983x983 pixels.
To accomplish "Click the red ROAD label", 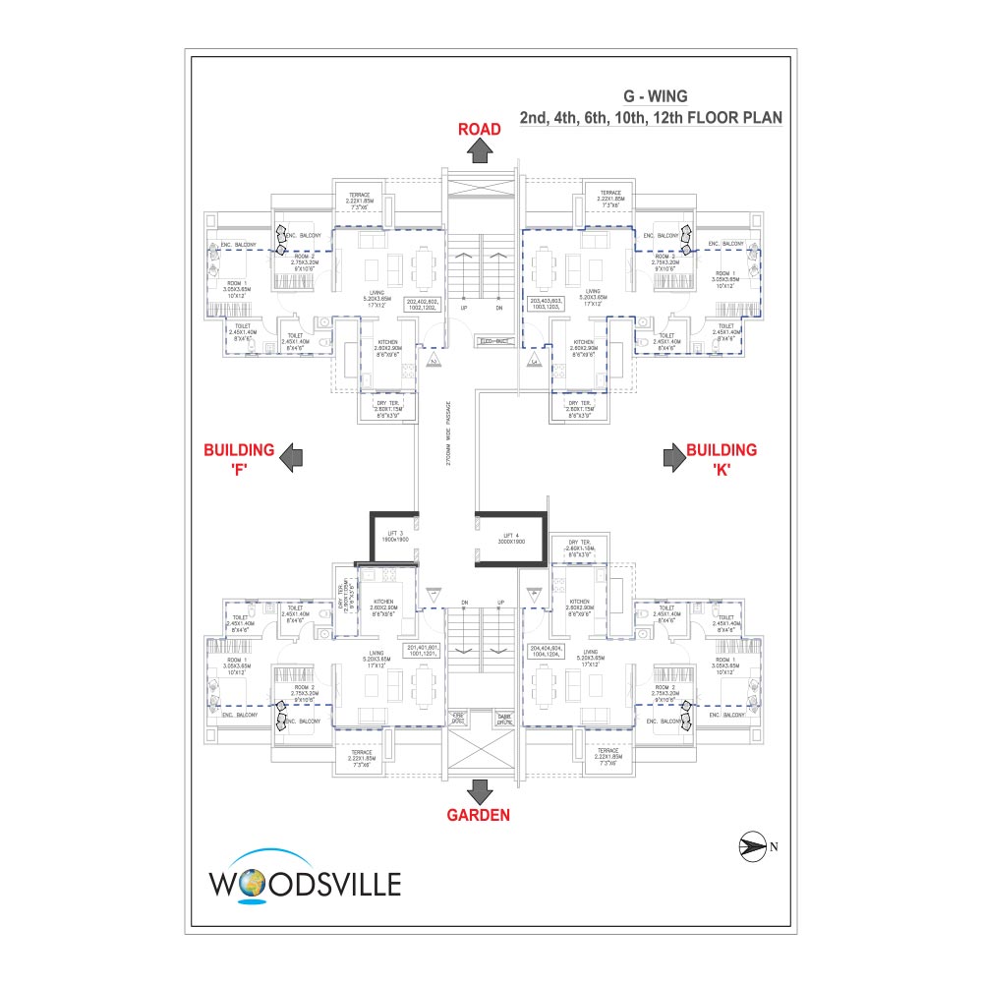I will pyautogui.click(x=480, y=129).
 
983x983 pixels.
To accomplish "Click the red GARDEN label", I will pyautogui.click(x=480, y=814).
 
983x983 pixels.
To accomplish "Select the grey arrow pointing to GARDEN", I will pyautogui.click(x=480, y=791).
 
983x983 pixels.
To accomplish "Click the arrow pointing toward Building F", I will pyautogui.click(x=292, y=456).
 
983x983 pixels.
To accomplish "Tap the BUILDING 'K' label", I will pyautogui.click(x=722, y=458).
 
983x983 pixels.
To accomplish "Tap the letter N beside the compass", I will pyautogui.click(x=774, y=845).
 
